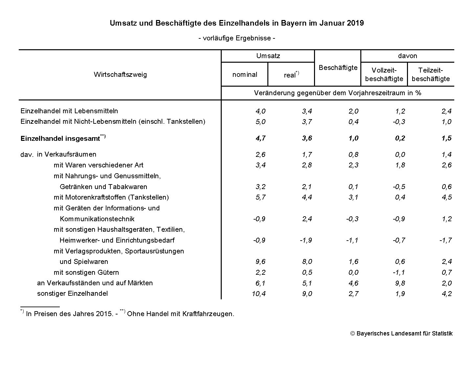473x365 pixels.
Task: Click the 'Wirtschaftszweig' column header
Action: coord(120,75)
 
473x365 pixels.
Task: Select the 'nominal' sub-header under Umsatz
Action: coord(245,75)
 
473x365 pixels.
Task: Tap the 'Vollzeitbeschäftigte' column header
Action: coord(384,75)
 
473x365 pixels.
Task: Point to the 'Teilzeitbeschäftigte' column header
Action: coord(431,75)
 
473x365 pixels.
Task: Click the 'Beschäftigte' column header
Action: coord(338,68)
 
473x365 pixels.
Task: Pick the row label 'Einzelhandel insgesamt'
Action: coord(60,139)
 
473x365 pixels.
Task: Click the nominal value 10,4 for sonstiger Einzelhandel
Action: coord(259,294)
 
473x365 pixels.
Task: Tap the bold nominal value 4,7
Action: coord(260,138)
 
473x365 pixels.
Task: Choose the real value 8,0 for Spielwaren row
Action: coord(307,262)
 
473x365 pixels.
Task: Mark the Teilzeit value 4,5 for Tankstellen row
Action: coord(447,197)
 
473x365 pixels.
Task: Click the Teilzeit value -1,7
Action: coord(445,240)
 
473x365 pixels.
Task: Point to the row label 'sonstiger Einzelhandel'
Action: coord(72,293)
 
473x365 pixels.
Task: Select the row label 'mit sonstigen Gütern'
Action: coord(86,272)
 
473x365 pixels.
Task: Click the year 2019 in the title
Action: coord(355,23)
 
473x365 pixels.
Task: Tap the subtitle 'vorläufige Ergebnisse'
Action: coord(236,38)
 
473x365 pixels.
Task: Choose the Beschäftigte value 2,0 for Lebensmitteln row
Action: coord(353,111)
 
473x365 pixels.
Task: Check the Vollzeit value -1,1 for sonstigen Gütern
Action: coord(399,272)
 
